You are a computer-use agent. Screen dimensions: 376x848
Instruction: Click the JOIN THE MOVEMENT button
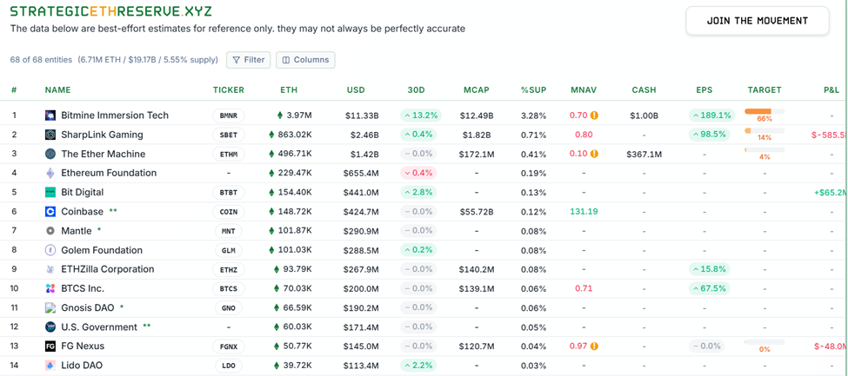(x=757, y=21)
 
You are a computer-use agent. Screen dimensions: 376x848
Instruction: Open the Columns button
(x=305, y=60)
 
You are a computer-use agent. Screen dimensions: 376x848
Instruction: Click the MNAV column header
(x=584, y=90)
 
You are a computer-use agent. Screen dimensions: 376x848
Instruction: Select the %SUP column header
(x=533, y=90)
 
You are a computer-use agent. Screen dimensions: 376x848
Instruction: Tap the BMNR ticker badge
(x=228, y=115)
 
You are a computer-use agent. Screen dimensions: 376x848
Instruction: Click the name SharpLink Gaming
(x=102, y=135)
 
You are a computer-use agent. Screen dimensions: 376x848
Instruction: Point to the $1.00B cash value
(x=644, y=115)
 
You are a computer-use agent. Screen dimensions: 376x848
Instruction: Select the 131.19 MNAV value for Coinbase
(x=584, y=212)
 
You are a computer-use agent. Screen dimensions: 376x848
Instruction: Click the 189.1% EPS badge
(x=711, y=115)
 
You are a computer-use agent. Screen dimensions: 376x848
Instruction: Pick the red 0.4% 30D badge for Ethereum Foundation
(x=417, y=173)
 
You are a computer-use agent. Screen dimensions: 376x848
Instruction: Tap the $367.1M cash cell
(x=644, y=155)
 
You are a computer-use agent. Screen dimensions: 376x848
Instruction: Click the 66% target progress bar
(x=764, y=112)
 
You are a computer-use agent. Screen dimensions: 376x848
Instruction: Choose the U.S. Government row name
(x=99, y=327)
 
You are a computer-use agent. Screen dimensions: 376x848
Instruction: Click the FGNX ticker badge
(x=228, y=346)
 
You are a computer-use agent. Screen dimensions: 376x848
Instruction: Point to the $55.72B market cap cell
(x=477, y=212)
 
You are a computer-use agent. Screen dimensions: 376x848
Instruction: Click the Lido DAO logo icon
(x=50, y=366)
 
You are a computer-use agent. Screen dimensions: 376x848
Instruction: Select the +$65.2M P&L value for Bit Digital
(x=829, y=193)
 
